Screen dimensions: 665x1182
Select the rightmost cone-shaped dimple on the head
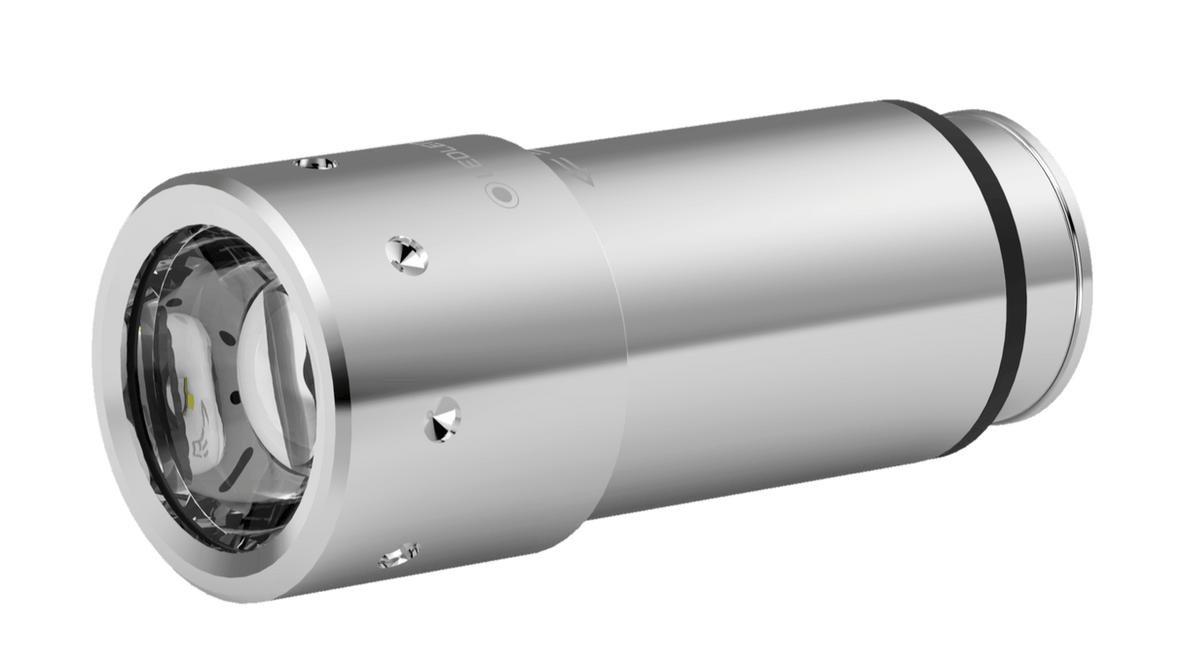pos(444,422)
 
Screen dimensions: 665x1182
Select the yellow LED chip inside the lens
pos(191,398)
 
